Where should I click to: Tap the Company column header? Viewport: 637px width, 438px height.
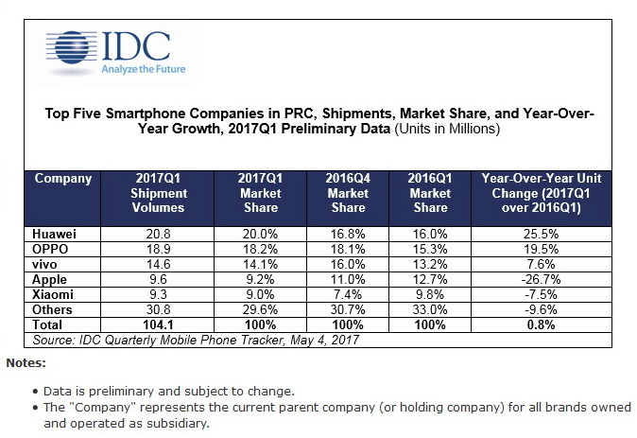63,179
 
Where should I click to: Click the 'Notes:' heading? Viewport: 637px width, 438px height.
26,362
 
